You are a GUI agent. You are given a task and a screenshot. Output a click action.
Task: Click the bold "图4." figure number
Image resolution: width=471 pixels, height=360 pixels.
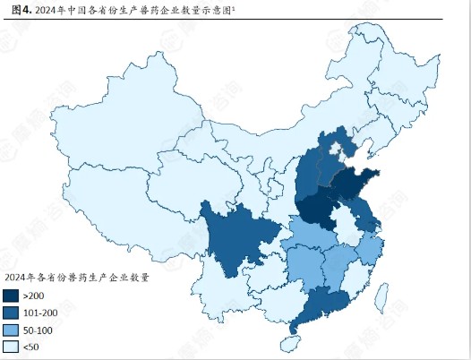point(21,10)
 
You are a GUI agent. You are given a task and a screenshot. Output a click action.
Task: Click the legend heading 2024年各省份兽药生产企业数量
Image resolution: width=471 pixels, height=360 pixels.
point(75,277)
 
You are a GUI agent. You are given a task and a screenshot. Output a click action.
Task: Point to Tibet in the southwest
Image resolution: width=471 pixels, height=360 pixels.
point(116,224)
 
